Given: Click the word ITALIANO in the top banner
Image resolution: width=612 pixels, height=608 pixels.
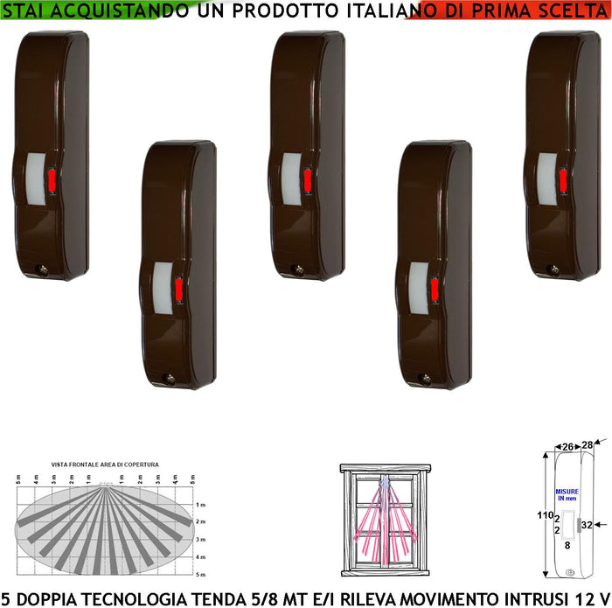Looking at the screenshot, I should pos(373,11).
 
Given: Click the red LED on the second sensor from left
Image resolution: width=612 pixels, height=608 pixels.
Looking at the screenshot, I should pos(178,289).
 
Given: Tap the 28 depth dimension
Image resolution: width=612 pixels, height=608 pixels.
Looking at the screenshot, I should pos(589,445).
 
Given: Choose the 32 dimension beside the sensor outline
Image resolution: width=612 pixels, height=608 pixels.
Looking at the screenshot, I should pos(586,525).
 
